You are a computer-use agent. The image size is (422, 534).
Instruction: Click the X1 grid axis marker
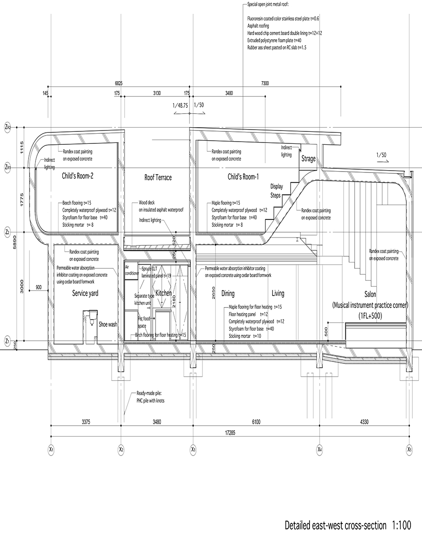point(51,448)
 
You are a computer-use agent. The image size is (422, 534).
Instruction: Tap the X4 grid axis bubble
point(319,448)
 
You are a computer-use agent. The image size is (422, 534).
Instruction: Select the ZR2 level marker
point(7,126)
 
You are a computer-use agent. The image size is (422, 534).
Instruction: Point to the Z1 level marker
point(7,341)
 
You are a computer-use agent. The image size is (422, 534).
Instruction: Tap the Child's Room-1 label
point(243,177)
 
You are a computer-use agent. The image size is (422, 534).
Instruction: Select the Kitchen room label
point(164,293)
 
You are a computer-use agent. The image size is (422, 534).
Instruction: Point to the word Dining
point(228,293)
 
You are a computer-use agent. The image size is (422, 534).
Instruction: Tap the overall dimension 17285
point(229,432)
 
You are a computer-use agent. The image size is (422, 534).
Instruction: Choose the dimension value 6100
point(255,421)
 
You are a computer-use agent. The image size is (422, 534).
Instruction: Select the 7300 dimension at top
point(264,83)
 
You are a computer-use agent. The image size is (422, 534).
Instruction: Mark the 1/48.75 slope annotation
point(180,105)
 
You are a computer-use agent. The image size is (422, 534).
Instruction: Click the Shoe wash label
point(108,324)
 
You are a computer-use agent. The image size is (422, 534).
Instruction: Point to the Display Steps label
point(277,190)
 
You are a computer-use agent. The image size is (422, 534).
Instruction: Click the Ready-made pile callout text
point(150,397)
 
